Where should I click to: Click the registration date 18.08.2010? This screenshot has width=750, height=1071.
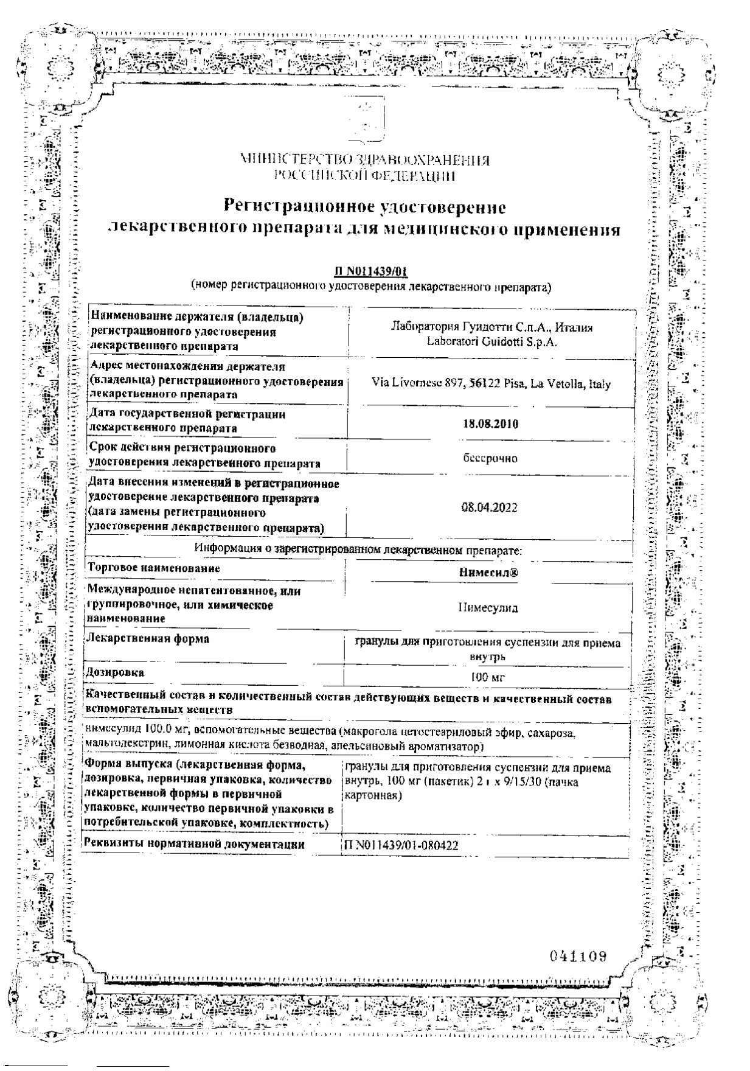[x=490, y=424]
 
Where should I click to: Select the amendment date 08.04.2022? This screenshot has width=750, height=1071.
[x=490, y=508]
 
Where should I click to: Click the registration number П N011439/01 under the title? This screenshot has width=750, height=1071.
[x=370, y=273]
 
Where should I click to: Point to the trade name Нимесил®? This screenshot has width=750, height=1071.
[x=488, y=573]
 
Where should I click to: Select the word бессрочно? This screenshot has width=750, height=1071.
[x=490, y=458]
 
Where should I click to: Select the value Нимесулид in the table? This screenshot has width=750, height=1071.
[x=488, y=607]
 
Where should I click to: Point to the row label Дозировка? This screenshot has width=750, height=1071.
[x=116, y=672]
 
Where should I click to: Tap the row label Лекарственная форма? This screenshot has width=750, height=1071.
[x=148, y=638]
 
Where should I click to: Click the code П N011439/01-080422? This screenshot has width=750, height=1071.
[x=401, y=845]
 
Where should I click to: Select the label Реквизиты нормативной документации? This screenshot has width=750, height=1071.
[x=193, y=845]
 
